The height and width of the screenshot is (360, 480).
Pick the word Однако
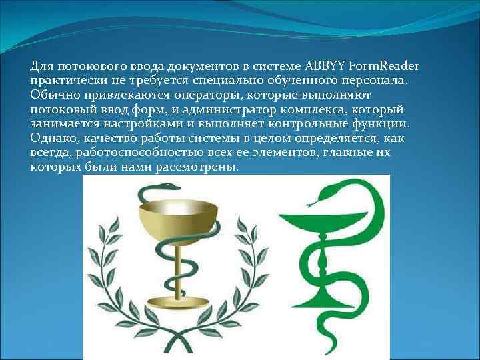53,138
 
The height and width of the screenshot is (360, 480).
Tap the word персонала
375,80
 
